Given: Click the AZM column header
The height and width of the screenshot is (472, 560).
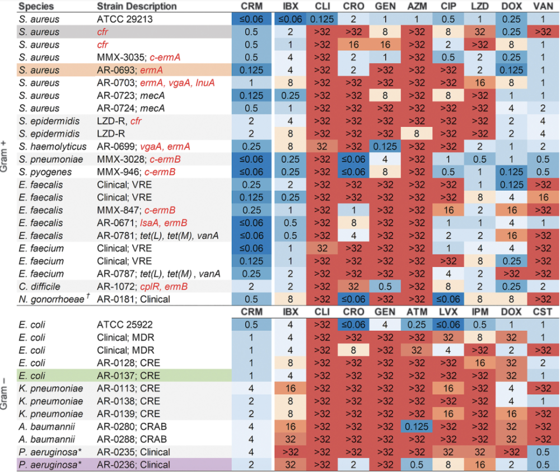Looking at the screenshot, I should coord(416,6).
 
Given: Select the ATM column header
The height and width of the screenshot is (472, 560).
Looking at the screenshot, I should coord(416,312).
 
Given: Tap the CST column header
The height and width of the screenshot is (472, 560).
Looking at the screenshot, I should coord(542,312).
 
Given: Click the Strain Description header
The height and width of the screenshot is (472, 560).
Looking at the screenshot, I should coord(137,6).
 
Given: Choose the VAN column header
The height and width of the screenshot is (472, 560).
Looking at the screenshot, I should coord(542,6).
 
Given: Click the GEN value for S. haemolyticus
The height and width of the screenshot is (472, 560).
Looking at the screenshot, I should coord(384,146).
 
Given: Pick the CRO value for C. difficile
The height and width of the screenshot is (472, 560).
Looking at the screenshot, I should coord(353,286).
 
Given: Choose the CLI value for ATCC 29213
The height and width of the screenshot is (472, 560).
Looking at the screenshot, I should coord(321,20).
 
